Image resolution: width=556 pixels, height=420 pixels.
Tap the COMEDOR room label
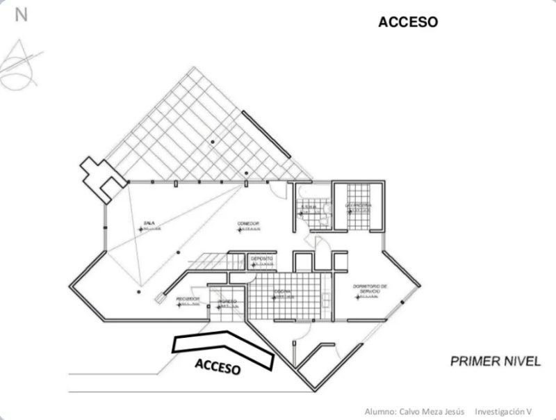[248, 223]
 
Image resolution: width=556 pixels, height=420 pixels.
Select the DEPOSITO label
[261, 259]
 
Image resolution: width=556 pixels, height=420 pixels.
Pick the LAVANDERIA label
[359, 206]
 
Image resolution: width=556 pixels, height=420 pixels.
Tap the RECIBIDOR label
[188, 299]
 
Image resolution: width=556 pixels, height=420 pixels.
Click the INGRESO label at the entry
[227, 301]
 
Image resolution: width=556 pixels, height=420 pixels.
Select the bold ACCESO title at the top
[408, 22]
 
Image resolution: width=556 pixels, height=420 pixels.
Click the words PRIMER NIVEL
[495, 361]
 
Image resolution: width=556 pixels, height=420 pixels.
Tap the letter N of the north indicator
[21, 15]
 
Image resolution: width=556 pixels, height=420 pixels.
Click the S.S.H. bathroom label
[309, 207]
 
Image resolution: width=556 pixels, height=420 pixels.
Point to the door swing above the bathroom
[277, 188]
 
